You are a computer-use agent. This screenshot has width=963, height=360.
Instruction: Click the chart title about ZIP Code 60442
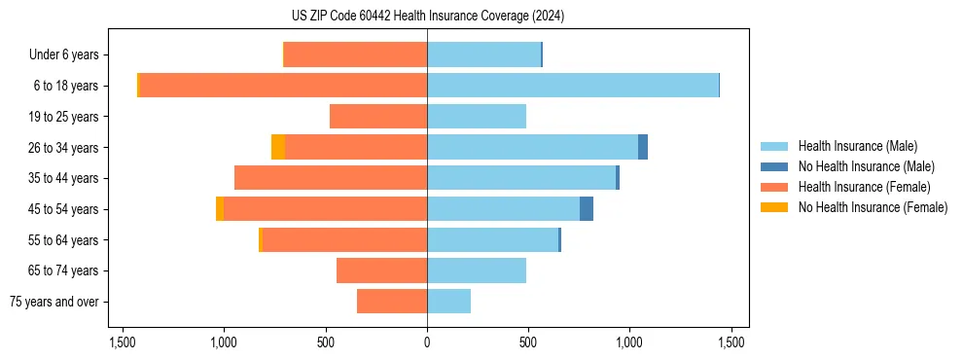pyautogui.click(x=427, y=16)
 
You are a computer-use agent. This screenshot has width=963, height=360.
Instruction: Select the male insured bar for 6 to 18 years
pyautogui.click(x=573, y=86)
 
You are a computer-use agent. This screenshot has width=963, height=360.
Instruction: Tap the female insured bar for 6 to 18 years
pyautogui.click(x=283, y=86)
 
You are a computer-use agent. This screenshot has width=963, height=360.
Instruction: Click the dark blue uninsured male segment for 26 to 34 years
pyautogui.click(x=643, y=147)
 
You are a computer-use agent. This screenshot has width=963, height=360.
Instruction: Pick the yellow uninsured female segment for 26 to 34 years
pyautogui.click(x=278, y=147)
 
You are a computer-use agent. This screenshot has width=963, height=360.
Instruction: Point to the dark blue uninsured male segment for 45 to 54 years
pyautogui.click(x=587, y=208)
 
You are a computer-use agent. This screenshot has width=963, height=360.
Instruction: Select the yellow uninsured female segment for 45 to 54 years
pyautogui.click(x=220, y=208)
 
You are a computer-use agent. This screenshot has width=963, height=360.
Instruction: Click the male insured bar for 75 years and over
pyautogui.click(x=448, y=302)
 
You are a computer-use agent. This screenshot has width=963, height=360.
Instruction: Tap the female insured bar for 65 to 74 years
pyautogui.click(x=381, y=270)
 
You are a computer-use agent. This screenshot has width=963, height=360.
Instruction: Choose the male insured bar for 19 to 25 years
pyautogui.click(x=477, y=117)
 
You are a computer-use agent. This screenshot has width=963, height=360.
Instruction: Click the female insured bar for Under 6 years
pyautogui.click(x=355, y=54)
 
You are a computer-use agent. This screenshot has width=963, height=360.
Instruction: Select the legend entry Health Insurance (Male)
pyautogui.click(x=857, y=146)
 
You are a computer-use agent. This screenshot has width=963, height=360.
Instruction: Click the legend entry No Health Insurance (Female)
pyautogui.click(x=872, y=207)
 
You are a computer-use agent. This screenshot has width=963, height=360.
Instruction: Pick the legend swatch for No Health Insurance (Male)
pyautogui.click(x=774, y=166)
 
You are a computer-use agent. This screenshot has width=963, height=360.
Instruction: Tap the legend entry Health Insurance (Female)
pyautogui.click(x=864, y=187)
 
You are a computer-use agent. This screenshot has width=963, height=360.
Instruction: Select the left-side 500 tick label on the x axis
pyautogui.click(x=326, y=342)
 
